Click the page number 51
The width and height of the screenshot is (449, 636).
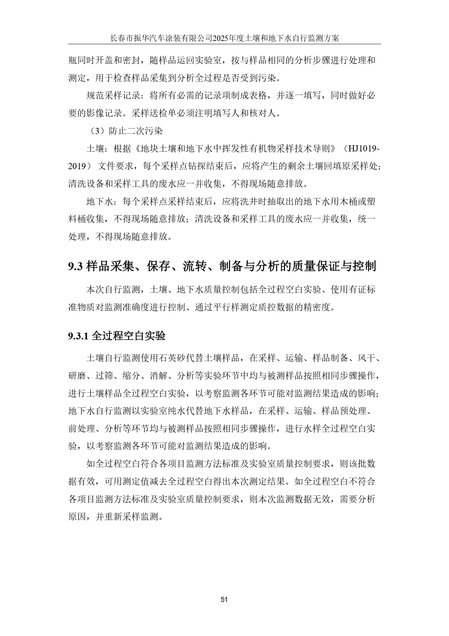tap(224, 599)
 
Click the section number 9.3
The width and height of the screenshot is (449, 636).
tap(76, 267)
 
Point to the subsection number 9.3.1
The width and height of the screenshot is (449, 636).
tap(78, 336)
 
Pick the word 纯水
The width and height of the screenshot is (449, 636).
tap(177, 411)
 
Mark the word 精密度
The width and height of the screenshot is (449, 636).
tap(317, 307)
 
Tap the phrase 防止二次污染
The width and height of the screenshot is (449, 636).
tap(136, 131)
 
